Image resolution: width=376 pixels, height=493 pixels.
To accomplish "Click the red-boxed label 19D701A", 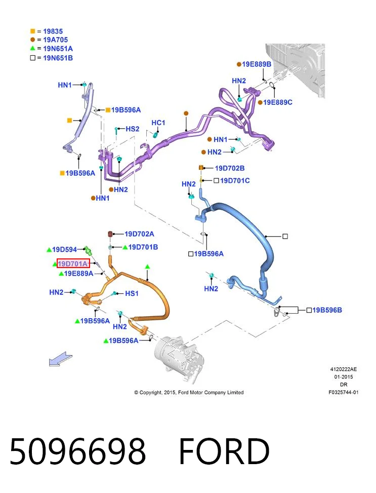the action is point(73,263).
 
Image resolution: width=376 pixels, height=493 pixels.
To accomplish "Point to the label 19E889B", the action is point(257,64).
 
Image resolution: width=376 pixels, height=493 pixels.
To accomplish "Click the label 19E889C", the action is point(278,102).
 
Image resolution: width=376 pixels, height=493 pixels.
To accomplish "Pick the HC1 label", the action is point(158,123).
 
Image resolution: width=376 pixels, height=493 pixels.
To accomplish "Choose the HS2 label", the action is point(132,129).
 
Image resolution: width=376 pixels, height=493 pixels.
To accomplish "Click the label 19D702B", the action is point(230,168).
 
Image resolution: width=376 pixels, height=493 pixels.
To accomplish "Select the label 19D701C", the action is point(235,181).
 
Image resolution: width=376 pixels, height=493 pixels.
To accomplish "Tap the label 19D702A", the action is point(139,234).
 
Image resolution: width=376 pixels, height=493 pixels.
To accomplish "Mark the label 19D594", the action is point(64,250).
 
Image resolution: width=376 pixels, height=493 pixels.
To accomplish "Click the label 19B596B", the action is point(327,310).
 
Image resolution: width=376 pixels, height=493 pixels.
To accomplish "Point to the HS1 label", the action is point(132,293).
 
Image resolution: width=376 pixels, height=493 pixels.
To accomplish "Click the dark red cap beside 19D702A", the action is point(110,234).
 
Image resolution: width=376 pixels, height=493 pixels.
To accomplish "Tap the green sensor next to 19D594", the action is point(89,251).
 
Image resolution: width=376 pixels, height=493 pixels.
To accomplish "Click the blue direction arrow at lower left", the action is point(60,359).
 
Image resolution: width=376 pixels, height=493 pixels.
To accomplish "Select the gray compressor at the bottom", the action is point(180,359).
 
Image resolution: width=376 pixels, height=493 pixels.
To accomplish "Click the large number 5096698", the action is point(77,450).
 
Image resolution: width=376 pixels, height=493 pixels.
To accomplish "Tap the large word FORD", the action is point(224,450).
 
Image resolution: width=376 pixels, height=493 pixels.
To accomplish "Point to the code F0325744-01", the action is point(343,392).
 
